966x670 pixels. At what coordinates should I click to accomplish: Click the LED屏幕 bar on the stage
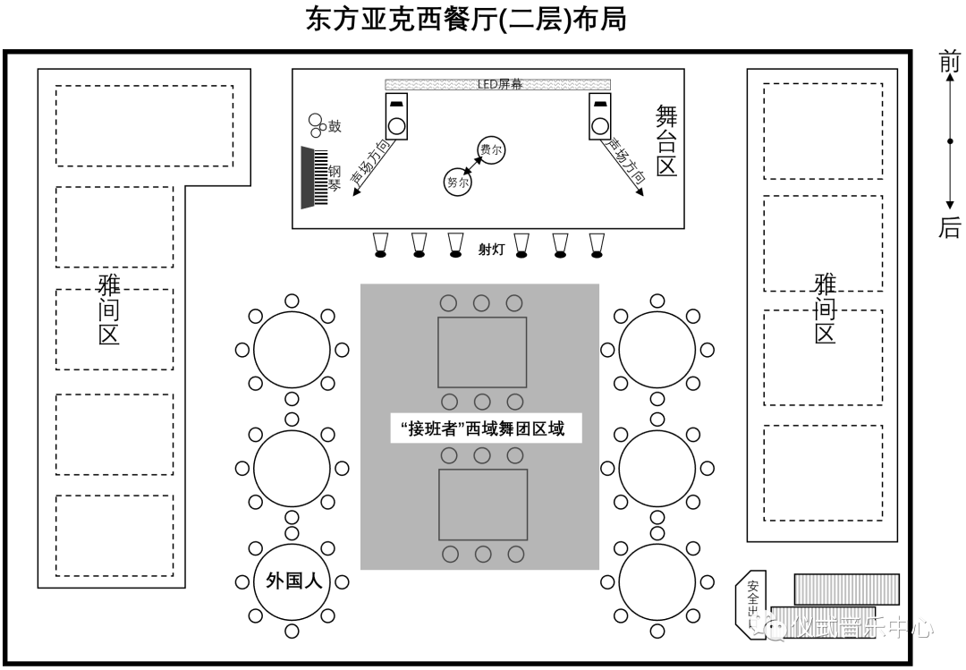[x=499, y=84]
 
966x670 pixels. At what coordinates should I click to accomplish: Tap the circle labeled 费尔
[x=490, y=150]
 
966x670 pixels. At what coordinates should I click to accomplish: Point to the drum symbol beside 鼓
[x=315, y=125]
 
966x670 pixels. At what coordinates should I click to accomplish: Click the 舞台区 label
[x=666, y=140]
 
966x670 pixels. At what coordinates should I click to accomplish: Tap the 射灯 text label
[x=491, y=250]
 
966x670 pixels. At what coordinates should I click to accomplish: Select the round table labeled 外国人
[x=292, y=581]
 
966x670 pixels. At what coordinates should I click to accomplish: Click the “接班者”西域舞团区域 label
[x=483, y=429]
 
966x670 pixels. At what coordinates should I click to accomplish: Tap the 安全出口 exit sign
[x=753, y=602]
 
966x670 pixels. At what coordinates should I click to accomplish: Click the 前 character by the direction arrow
[x=949, y=63]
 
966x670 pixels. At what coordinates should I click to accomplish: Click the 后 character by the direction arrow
[x=949, y=228]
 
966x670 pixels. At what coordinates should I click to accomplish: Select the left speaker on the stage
[x=396, y=116]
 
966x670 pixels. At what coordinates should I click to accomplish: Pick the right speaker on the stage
[x=600, y=116]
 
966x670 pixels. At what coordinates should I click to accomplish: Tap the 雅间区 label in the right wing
[x=824, y=310]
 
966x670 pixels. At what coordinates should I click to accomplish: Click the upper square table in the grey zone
[x=482, y=352]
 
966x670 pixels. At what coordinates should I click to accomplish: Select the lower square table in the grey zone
[x=482, y=505]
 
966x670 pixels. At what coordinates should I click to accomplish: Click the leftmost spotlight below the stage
[x=380, y=245]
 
